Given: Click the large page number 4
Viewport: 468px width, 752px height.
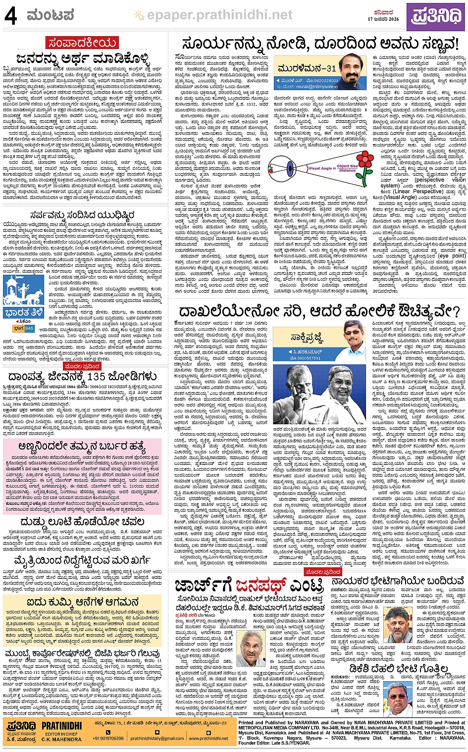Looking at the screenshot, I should (10, 16).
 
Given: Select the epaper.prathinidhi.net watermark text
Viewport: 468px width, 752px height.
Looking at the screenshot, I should (220, 15).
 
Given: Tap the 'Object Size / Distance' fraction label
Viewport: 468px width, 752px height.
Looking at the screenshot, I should (347, 168).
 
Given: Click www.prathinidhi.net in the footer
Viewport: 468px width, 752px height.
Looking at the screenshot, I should (208, 738).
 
